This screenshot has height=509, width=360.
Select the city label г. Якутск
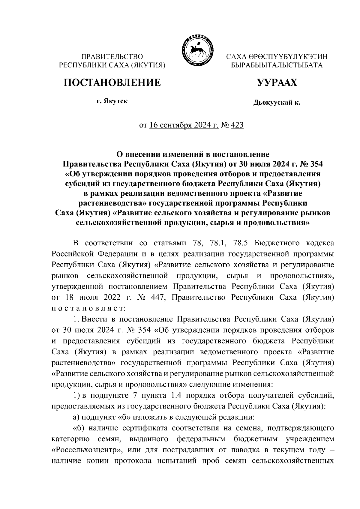[112, 101]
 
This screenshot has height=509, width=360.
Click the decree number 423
[237, 125]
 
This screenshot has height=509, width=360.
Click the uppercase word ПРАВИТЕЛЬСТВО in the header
[112, 56]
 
